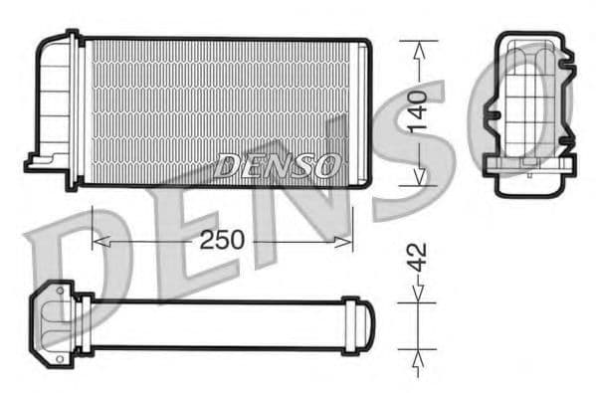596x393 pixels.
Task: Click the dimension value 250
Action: (x=224, y=240)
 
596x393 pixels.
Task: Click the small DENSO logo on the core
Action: (x=278, y=165)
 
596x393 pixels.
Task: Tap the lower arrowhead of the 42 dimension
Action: (x=419, y=353)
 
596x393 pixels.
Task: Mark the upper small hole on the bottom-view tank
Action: (x=61, y=293)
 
